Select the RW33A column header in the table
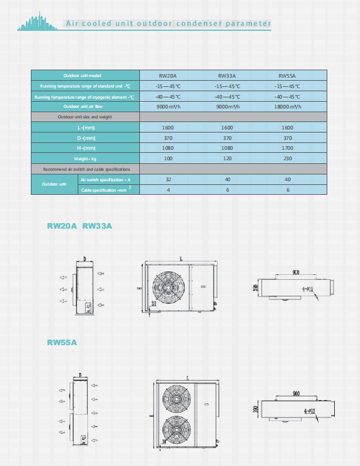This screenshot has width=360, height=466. tap(227, 75)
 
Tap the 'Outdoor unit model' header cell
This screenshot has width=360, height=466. tap(86, 75)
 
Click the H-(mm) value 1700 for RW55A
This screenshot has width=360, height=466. tap(287, 148)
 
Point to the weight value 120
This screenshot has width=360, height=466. tap(227, 158)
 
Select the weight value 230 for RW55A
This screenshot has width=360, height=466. tap(287, 158)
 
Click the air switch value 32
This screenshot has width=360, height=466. tap(168, 179)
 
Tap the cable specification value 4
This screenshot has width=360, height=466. tap(168, 190)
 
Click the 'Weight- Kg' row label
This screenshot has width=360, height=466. tap(86, 158)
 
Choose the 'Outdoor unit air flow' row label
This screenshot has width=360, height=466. tap(86, 107)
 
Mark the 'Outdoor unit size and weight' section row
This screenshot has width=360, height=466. tap(86, 116)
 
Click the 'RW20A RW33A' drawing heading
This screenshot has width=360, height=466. tap(80, 226)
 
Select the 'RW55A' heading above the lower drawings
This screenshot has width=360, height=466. tap(62, 342)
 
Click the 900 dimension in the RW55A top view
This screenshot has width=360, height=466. tap(297, 393)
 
